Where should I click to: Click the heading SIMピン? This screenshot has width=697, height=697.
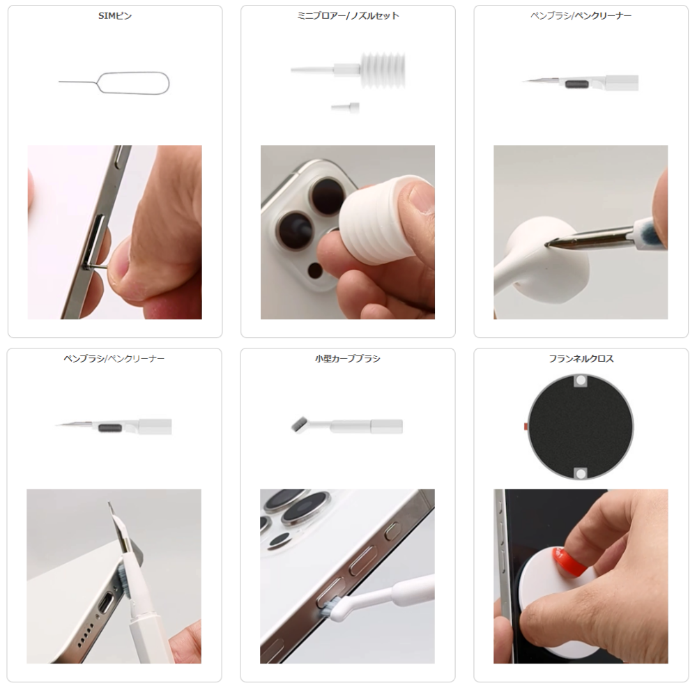tap(115, 16)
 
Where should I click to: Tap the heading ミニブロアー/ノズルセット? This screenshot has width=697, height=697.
tap(348, 16)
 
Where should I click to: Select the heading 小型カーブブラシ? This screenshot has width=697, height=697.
tap(348, 359)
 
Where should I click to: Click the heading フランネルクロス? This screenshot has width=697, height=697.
tap(581, 359)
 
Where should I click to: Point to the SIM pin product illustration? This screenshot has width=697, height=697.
tap(115, 83)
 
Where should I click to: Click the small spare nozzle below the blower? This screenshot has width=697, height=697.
tap(346, 107)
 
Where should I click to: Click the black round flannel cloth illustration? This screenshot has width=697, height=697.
tap(581, 427)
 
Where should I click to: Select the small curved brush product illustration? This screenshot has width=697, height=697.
tap(347, 426)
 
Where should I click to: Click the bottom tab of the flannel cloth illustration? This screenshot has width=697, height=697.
tap(581, 473)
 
